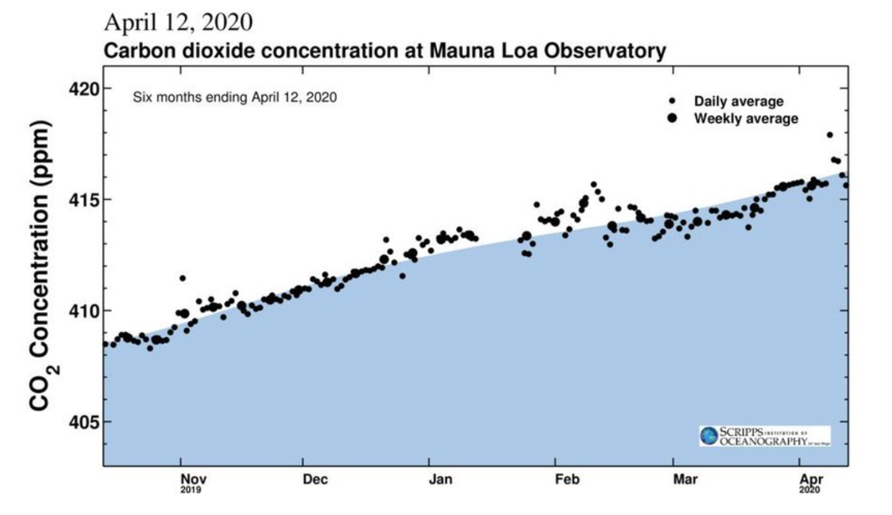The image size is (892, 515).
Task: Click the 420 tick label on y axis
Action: click(84, 89)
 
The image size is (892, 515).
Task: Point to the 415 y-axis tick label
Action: click(84, 200)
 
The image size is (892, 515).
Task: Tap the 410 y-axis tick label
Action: click(84, 311)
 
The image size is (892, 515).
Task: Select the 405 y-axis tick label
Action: click(84, 422)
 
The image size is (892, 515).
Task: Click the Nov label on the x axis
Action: click(193, 479)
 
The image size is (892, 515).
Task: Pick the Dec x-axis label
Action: click(315, 479)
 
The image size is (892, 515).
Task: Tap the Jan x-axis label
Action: click(441, 479)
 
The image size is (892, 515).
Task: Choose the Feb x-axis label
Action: click(567, 479)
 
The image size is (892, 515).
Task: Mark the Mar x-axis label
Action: click(685, 479)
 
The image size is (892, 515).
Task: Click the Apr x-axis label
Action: click(811, 479)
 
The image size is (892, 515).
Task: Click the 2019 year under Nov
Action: click(191, 490)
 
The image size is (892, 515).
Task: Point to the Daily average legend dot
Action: click(672, 101)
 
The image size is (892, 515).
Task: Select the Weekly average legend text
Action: click(746, 119)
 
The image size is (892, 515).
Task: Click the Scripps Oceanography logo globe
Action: click(709, 436)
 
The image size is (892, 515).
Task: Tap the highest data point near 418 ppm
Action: click(829, 135)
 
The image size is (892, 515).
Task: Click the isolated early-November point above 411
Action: click(182, 278)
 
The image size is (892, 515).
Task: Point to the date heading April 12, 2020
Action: click(178, 22)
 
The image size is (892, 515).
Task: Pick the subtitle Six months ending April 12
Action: click(235, 97)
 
